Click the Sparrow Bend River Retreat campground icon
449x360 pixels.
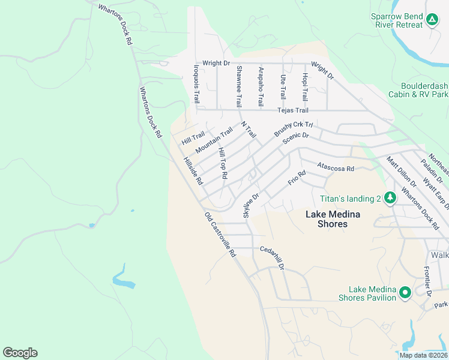tap(432, 20)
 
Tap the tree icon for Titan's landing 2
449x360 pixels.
tap(390, 198)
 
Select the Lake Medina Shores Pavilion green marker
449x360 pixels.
tap(405, 293)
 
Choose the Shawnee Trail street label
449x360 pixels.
tap(238, 85)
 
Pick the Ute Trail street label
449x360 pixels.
tap(283, 86)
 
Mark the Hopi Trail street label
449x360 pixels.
tap(305, 86)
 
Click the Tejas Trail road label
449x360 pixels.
tap(292, 110)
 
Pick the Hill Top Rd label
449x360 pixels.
tap(223, 163)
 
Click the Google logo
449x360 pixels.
tap(20, 353)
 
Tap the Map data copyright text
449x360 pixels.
tap(424, 355)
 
